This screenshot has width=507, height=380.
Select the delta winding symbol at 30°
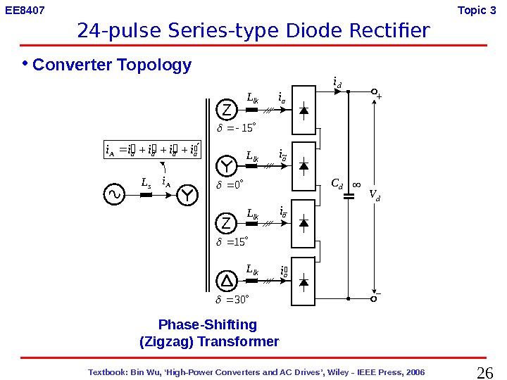coord(227,282)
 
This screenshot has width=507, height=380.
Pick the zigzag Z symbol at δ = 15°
coord(227,224)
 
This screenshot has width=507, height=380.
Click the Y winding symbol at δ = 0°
coord(227,167)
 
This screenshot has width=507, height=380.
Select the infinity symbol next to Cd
coord(356,185)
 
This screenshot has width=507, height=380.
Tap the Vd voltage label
coord(374,196)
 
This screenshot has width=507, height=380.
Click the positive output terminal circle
coord(374,91)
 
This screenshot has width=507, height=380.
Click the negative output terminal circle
coord(374,298)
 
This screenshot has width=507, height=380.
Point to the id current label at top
coord(337,84)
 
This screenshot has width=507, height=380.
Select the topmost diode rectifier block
coord(303,110)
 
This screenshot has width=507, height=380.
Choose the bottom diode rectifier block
coord(303,282)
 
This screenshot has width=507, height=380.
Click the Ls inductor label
coord(146,183)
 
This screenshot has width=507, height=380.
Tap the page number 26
coord(485,372)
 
